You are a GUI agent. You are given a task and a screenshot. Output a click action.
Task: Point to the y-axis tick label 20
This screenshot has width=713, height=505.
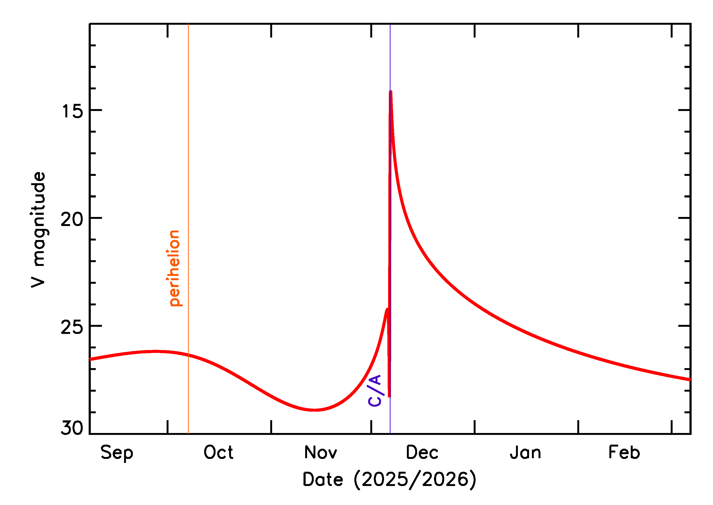(72, 220)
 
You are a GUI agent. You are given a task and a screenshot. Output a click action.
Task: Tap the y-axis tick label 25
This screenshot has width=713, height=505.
(72, 327)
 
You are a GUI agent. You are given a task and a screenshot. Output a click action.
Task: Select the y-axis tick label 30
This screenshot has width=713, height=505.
(72, 428)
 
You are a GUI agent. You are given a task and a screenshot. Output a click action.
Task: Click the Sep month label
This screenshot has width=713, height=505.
(117, 453)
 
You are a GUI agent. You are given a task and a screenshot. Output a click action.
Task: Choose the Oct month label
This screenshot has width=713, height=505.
(218, 452)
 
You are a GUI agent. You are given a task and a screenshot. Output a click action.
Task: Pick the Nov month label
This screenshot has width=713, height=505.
(321, 452)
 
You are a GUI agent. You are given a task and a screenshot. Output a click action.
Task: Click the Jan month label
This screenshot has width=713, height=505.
(525, 452)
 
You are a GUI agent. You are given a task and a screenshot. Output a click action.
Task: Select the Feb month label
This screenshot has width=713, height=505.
(624, 452)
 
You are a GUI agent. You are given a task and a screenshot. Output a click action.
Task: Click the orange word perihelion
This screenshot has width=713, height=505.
(174, 268)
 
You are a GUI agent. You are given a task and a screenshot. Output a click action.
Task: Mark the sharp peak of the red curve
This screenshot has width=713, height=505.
(390, 91)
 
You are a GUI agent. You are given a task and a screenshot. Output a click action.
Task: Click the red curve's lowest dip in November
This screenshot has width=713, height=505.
(315, 410)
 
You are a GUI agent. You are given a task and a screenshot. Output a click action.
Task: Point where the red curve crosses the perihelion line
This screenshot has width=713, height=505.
(188, 355)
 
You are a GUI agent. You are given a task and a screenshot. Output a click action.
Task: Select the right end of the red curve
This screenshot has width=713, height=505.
(690, 380)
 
